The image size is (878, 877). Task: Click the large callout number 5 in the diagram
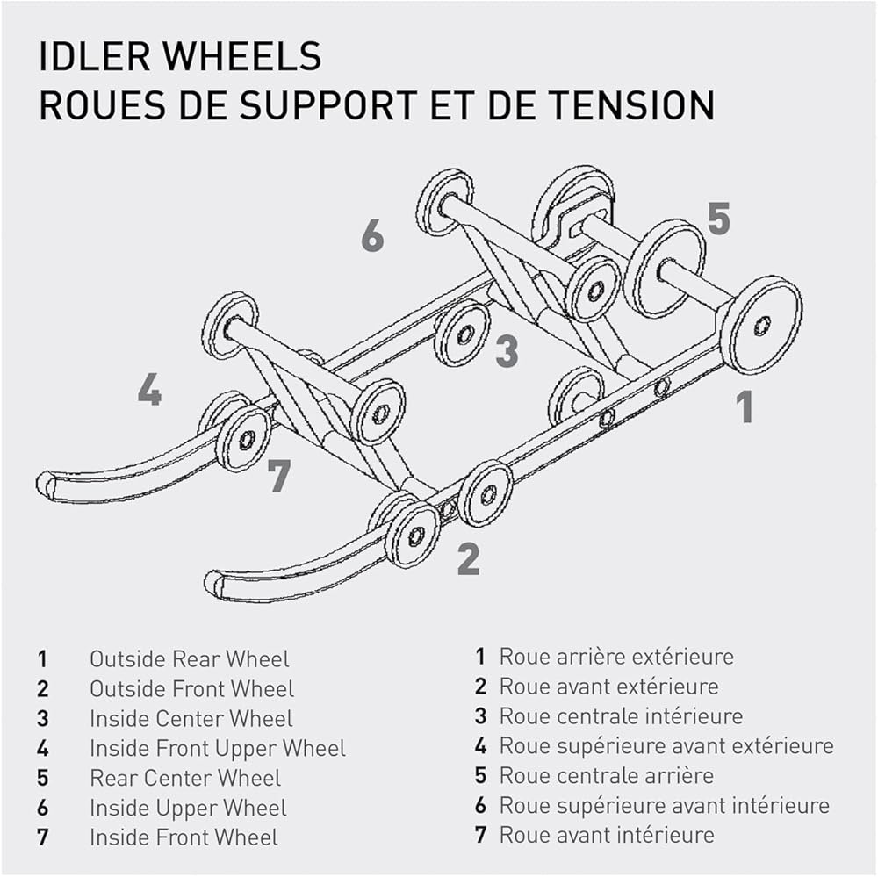(719, 218)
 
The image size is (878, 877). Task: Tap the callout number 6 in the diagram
(373, 234)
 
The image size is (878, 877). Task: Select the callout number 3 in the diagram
(507, 350)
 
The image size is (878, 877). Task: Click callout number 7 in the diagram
(279, 475)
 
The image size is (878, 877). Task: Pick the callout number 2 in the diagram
(469, 558)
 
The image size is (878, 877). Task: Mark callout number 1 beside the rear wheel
(744, 406)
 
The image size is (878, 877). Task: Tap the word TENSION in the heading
(630, 104)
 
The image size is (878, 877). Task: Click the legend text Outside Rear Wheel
(190, 659)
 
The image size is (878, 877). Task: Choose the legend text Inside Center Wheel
(191, 718)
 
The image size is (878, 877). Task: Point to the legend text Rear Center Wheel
(185, 778)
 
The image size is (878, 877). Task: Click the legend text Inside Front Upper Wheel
(218, 749)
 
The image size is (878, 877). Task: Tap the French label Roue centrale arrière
(607, 776)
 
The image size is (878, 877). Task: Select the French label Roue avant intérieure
(607, 835)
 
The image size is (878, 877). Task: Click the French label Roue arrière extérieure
(616, 657)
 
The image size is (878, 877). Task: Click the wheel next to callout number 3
(463, 334)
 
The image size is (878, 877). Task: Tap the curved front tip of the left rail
(45, 485)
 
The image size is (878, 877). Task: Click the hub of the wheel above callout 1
(762, 326)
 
